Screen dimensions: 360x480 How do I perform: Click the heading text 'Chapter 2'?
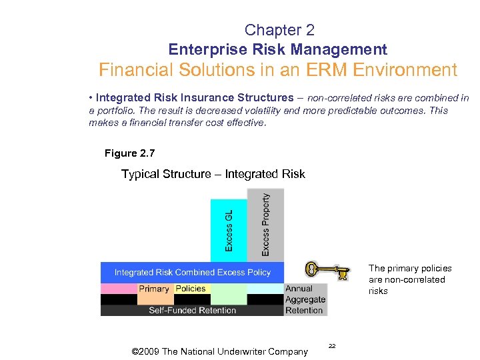click(279, 30)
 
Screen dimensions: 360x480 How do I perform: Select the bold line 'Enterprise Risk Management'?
click(277, 49)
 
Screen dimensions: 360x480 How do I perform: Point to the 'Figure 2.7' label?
click(129, 153)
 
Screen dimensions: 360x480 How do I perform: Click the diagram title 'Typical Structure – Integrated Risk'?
click(213, 174)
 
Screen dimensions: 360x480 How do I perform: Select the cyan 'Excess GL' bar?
click(229, 231)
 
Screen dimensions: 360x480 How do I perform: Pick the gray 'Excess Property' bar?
click(265, 225)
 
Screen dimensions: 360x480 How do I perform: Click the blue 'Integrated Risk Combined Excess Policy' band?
click(192, 272)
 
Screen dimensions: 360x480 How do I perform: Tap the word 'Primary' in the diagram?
click(154, 289)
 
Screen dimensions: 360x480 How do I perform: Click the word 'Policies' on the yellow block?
click(191, 289)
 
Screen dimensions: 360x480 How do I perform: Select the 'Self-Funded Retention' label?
click(192, 310)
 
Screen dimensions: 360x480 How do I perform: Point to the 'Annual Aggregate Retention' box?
click(305, 299)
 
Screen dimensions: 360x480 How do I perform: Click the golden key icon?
click(327, 270)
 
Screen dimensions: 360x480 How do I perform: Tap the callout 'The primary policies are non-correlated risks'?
click(409, 279)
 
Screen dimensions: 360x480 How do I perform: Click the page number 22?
click(333, 345)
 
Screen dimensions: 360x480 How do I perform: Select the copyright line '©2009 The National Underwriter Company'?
click(220, 351)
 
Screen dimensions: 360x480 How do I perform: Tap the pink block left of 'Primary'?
click(119, 289)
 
